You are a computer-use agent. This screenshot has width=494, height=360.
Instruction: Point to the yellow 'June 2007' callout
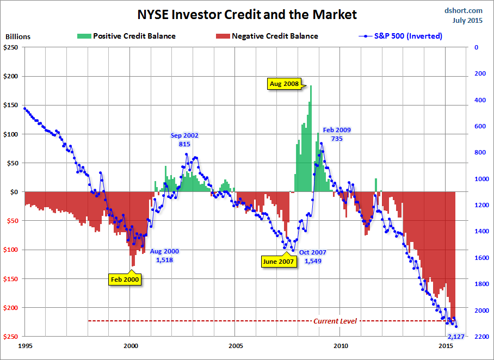pyautogui.click(x=278, y=261)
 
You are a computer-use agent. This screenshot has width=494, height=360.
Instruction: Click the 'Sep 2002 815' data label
pyautogui.click(x=184, y=140)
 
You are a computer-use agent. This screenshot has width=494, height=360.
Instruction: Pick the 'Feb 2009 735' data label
pyautogui.click(x=337, y=134)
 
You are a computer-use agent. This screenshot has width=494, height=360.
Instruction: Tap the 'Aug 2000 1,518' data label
pyautogui.click(x=164, y=256)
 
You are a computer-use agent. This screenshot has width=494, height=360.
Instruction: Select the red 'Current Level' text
pyautogui.click(x=335, y=321)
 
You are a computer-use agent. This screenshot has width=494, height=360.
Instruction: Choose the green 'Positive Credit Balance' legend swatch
pyautogui.click(x=83, y=36)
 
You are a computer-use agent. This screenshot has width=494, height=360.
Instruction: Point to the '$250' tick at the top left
pyautogui.click(x=11, y=47)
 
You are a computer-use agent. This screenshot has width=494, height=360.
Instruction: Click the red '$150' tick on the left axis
pyautogui.click(x=11, y=278)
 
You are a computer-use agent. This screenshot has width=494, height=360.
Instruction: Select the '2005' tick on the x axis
pyautogui.click(x=236, y=345)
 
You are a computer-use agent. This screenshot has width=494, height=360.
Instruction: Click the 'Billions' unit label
pyautogui.click(x=18, y=37)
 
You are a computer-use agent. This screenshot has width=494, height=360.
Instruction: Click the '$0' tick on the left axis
pyautogui.click(x=15, y=192)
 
